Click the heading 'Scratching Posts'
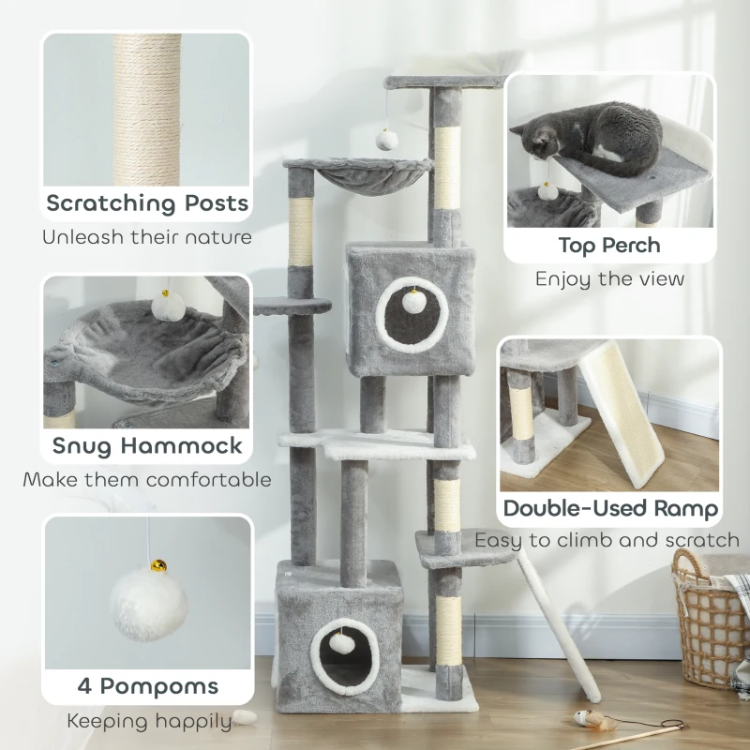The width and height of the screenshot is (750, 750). click(147, 202)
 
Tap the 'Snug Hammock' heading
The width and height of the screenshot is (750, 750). click(147, 445)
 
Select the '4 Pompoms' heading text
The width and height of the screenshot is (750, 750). click(147, 685)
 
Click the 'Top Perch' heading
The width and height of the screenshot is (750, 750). click(609, 246)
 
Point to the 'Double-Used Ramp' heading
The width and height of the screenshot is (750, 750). click(611, 509)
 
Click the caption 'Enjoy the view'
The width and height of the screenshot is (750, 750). click(609, 278)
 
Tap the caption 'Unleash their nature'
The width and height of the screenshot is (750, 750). click(147, 236)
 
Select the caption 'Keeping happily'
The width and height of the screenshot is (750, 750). click(148, 721)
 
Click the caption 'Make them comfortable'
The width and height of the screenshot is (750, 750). click(147, 480)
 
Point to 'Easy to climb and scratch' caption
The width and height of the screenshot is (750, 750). click(607, 540)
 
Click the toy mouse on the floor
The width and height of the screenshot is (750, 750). click(590, 719)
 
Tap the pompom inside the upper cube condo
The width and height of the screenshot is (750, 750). click(411, 302)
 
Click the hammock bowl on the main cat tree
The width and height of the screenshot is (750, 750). click(360, 178)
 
